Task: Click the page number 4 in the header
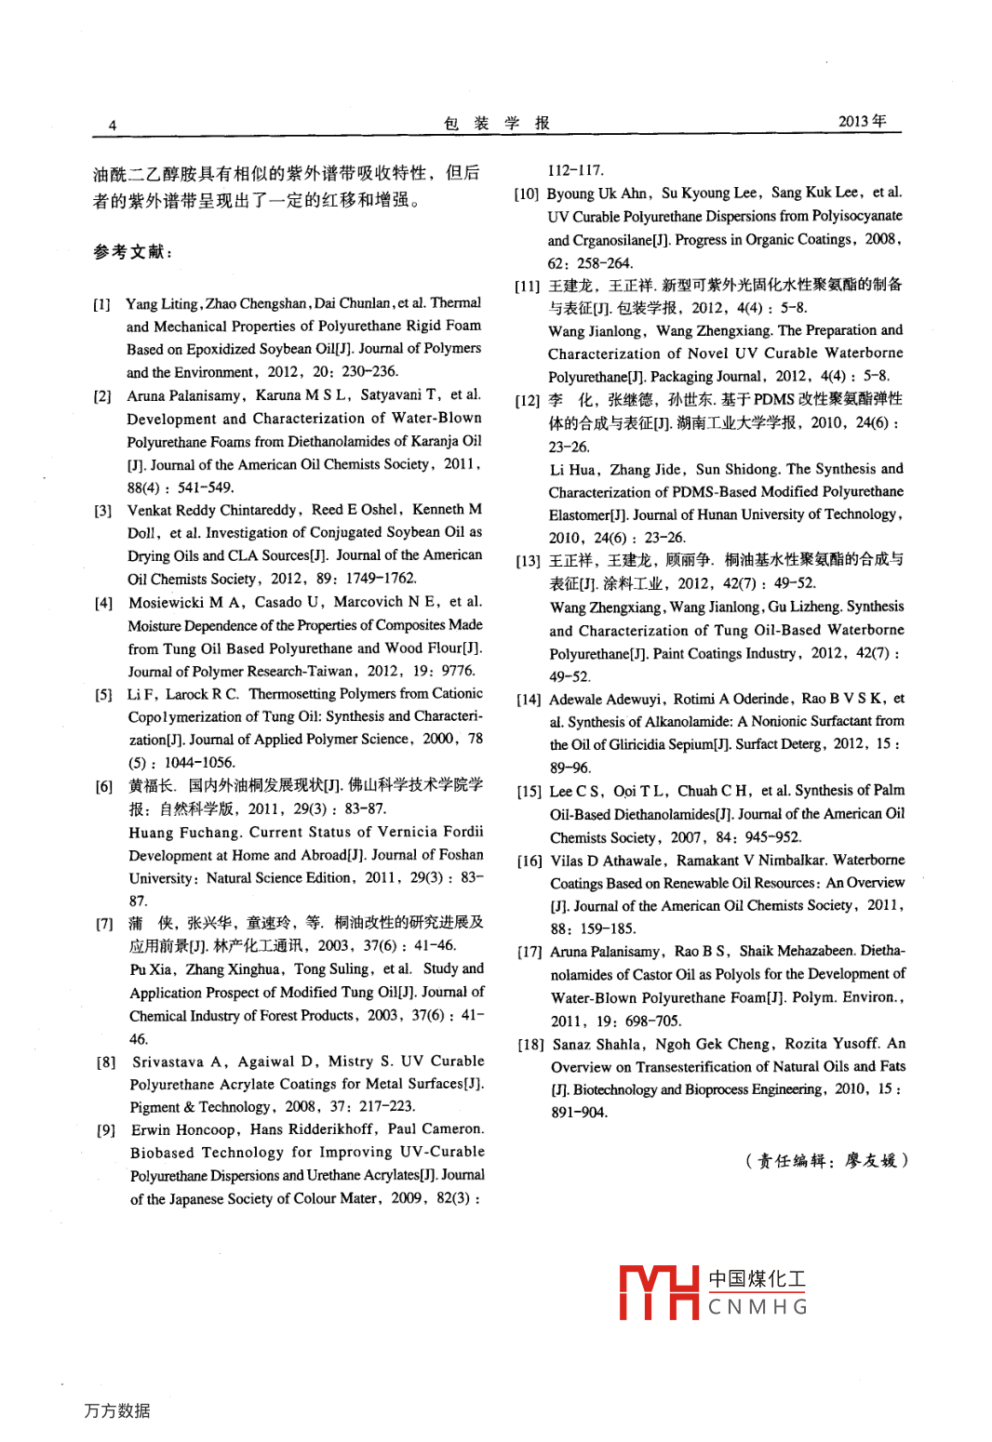point(113,126)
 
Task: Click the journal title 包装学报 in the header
point(497,123)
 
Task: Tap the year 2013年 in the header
point(862,121)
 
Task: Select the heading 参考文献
point(132,251)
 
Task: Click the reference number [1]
point(101,304)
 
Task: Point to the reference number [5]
point(103,694)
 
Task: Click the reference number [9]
point(106,1129)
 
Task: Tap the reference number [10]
point(527,194)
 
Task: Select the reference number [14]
point(529,700)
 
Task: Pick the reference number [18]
point(530,1045)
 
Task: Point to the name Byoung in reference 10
point(570,194)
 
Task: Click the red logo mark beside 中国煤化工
point(659,1293)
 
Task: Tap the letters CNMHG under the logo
point(757,1307)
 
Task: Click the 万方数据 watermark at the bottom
point(117,1410)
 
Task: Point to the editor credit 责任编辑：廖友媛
point(826,1160)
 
